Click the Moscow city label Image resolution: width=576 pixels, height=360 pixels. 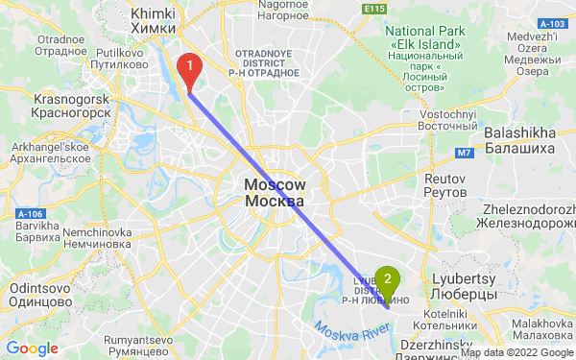pyautogui.click(x=275, y=193)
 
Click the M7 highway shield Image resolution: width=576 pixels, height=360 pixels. pyautogui.click(x=465, y=153)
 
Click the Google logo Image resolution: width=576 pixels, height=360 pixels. pyautogui.click(x=32, y=348)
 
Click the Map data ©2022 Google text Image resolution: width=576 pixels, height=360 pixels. pyautogui.click(x=516, y=352)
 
